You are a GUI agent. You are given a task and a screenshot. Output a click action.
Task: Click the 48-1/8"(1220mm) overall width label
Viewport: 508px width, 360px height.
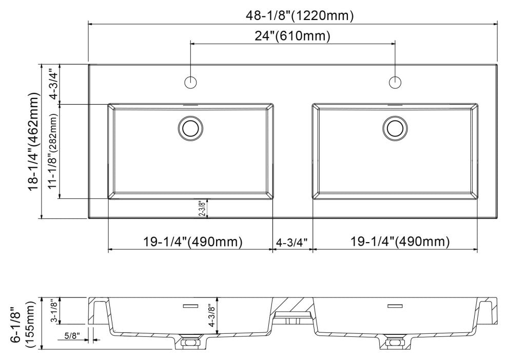point(292,16)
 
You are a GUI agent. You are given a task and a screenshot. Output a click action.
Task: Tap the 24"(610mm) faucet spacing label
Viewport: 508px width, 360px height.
point(292,36)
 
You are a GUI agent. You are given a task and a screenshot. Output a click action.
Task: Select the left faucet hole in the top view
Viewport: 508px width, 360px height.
point(191,82)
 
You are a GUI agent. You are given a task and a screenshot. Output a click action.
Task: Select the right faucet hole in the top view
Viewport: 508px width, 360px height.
point(395,82)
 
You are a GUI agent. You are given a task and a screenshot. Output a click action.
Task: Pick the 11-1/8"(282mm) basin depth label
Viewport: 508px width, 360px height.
point(53,152)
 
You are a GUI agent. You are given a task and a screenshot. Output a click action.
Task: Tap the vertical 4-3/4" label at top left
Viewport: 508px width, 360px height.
point(53,84)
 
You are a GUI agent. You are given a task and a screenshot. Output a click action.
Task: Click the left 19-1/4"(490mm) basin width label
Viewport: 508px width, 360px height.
point(189,241)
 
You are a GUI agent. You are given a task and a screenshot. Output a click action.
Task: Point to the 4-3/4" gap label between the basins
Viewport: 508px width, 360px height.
point(292,242)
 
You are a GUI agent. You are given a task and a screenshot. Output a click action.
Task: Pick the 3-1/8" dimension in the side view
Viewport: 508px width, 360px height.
point(54,311)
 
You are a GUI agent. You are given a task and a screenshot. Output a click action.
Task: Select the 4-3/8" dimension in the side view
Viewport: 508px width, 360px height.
point(210,316)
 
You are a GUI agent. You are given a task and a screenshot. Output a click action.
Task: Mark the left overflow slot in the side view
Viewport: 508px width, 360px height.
point(191,306)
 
